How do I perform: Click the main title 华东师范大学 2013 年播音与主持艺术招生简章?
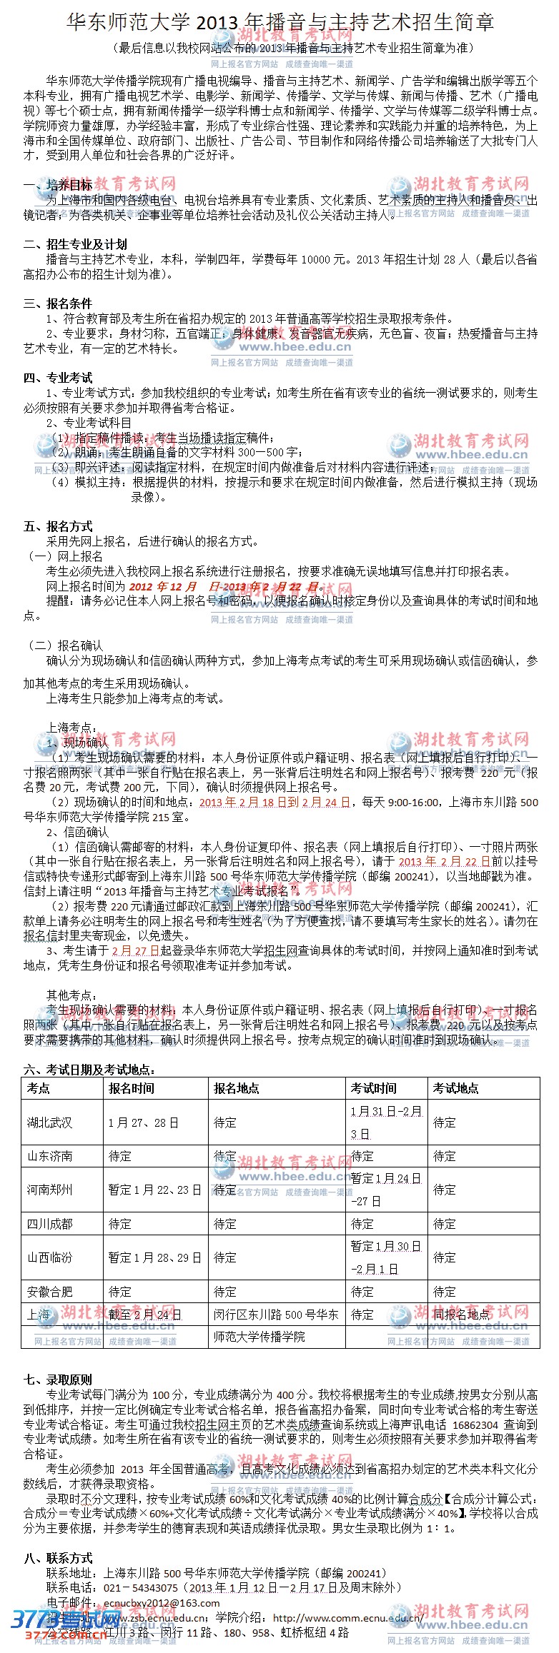click(279, 23)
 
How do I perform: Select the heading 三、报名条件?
click(58, 303)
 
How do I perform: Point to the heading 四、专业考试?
click(58, 378)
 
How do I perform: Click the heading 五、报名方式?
click(58, 526)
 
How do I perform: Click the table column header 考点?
click(39, 1088)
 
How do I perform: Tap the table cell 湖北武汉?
click(50, 1122)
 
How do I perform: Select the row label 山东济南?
click(50, 1156)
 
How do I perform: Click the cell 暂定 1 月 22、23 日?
click(154, 1190)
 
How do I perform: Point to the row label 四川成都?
click(50, 1224)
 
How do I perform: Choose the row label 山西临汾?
click(50, 1257)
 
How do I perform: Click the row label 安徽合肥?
click(50, 1292)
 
